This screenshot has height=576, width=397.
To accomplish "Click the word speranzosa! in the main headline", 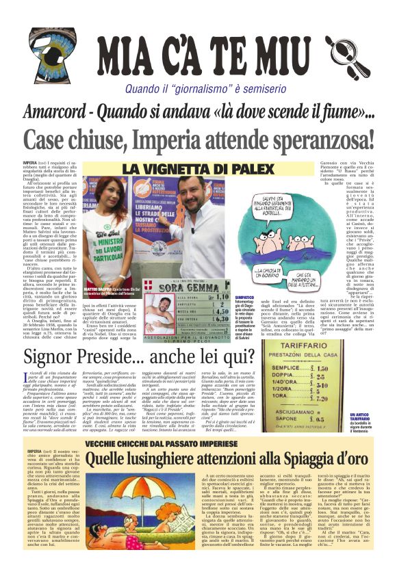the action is coord(311,141).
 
